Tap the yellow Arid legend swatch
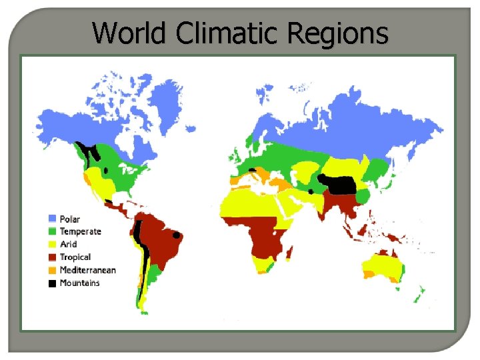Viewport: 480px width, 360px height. coord(52,245)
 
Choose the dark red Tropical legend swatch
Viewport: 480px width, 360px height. coord(52,257)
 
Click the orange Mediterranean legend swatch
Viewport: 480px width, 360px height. coord(52,270)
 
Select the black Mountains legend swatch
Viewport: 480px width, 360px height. coord(52,283)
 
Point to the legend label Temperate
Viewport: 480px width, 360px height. coord(81,232)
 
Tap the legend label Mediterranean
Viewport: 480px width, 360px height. coord(87,270)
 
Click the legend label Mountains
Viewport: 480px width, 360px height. coord(79,283)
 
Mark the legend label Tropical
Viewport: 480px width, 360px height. coord(75,257)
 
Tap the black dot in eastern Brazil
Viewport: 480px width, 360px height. coord(177,235)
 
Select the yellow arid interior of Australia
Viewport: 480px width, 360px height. coord(383,267)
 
